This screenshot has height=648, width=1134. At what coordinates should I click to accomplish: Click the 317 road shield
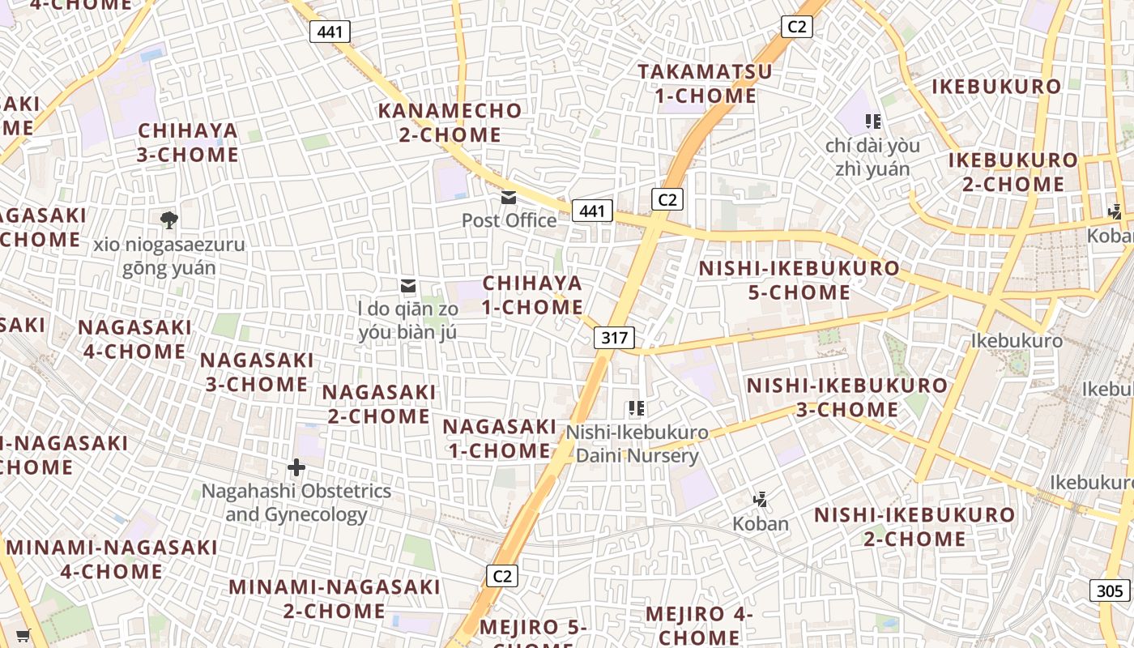[614, 337]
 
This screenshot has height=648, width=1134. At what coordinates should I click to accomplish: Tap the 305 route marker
[1110, 590]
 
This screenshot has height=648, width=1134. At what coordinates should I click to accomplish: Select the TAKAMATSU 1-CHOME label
[705, 83]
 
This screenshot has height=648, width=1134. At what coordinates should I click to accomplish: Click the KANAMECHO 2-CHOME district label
[450, 122]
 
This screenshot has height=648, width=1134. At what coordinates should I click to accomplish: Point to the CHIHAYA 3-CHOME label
[188, 143]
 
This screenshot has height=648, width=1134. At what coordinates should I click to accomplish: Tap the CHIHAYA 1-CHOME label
[533, 295]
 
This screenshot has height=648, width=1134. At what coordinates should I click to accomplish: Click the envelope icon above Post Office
[509, 197]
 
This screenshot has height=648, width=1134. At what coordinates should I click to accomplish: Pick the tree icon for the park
[168, 219]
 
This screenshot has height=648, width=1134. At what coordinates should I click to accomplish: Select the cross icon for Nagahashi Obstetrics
[296, 467]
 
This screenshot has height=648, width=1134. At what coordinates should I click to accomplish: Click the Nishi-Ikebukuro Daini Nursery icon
[637, 408]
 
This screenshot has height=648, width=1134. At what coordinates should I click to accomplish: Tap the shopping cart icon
[23, 636]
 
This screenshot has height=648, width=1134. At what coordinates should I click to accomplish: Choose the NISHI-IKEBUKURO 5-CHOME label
[799, 280]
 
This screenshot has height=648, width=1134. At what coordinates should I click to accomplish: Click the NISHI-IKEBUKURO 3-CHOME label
[847, 397]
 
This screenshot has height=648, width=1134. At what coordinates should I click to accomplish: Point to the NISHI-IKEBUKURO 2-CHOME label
[914, 526]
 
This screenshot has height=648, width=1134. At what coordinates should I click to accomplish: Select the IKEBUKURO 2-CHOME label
[1013, 172]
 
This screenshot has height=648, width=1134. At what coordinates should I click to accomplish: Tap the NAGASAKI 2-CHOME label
[379, 404]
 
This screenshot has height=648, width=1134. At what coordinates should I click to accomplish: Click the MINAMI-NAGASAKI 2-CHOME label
[335, 599]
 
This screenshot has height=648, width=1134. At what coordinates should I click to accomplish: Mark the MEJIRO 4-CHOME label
[700, 625]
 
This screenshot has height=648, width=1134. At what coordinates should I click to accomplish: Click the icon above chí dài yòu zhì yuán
[872, 122]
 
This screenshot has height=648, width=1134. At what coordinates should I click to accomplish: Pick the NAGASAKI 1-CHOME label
[500, 438]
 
